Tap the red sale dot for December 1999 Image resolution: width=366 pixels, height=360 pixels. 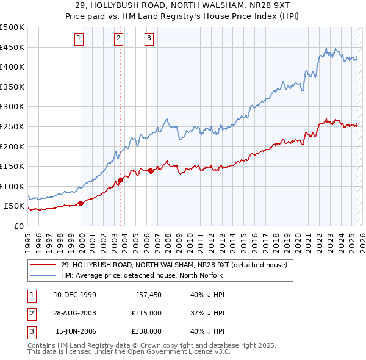tap(81, 203)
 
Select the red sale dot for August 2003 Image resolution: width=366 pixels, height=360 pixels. tap(121, 180)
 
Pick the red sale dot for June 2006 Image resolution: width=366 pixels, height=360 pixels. tap(151, 171)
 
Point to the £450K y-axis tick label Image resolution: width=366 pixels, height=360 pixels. tap(12, 47)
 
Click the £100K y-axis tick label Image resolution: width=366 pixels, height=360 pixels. tap(12, 186)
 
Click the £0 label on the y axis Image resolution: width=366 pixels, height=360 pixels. tap(18, 226)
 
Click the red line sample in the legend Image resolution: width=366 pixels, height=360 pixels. tap(43, 265)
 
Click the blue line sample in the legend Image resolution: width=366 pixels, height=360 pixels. tap(43, 275)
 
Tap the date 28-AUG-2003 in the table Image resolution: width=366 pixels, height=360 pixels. tap(74, 313)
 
